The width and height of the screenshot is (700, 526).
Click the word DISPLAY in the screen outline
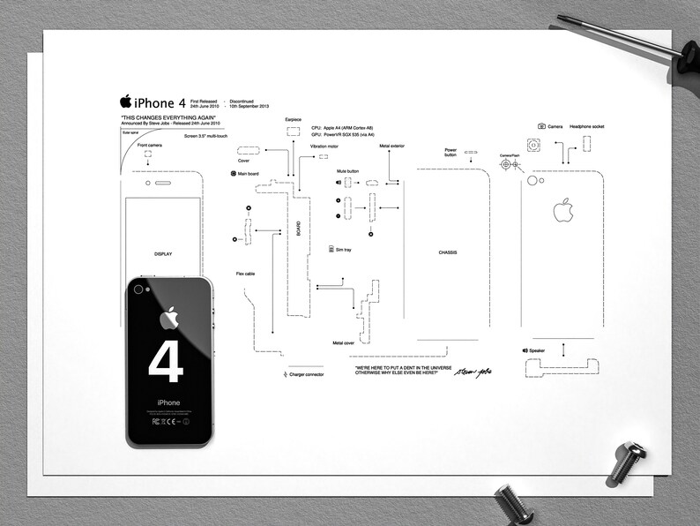click(163, 253)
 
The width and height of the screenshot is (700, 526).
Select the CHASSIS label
click(448, 252)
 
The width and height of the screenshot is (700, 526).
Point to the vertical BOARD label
click(298, 229)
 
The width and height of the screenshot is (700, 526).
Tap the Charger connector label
click(306, 374)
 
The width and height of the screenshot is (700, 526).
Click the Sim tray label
click(343, 250)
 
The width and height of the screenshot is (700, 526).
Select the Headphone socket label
click(586, 126)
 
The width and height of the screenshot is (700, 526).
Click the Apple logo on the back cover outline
click(562, 210)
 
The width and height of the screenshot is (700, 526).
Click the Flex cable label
click(246, 274)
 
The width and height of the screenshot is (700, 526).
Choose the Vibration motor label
click(325, 146)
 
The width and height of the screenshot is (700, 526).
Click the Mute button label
click(347, 170)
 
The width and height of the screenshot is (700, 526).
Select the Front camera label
click(149, 145)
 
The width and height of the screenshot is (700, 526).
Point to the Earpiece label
click(294, 118)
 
